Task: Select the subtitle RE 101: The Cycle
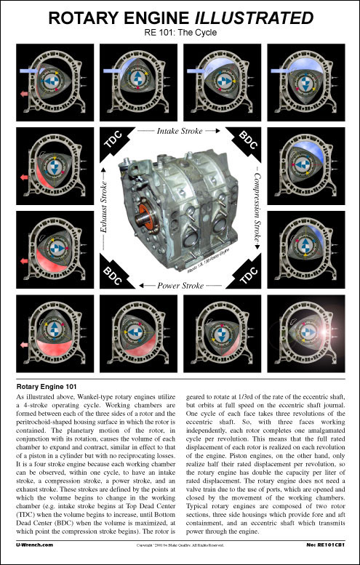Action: pos(180,32)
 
